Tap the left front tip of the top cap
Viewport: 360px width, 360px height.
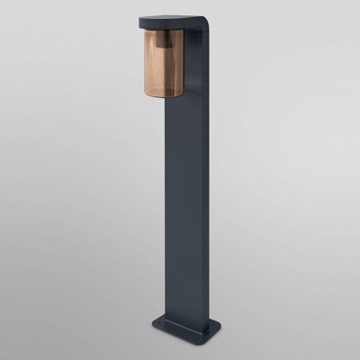pos(141,23)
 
